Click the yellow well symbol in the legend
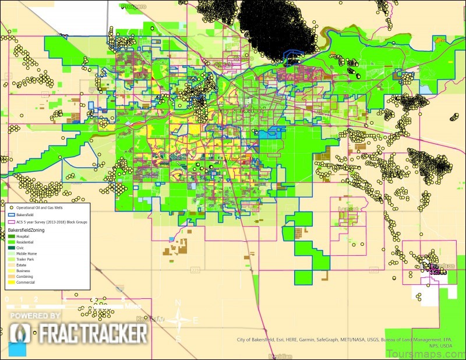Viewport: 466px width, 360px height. pyautogui.click(x=12, y=207)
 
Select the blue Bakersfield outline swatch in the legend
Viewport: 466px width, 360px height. pyautogui.click(x=12, y=214)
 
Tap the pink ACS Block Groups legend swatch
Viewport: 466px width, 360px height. pyautogui.click(x=12, y=222)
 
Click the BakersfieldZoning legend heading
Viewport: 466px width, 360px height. pyautogui.click(x=30, y=231)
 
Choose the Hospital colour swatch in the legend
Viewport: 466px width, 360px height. pyautogui.click(x=11, y=237)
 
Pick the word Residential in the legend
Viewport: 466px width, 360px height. pyautogui.click(x=25, y=242)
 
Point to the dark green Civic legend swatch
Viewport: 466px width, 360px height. pyautogui.click(x=11, y=248)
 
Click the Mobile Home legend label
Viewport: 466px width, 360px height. pyautogui.click(x=26, y=254)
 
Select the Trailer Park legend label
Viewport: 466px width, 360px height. pyautogui.click(x=26, y=260)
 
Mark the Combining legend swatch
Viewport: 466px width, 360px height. pyautogui.click(x=11, y=277)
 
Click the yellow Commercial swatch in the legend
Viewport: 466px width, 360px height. pyautogui.click(x=11, y=283)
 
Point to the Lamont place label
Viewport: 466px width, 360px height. pyautogui.click(x=348, y=209)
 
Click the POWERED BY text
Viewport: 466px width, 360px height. pyautogui.click(x=35, y=316)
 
